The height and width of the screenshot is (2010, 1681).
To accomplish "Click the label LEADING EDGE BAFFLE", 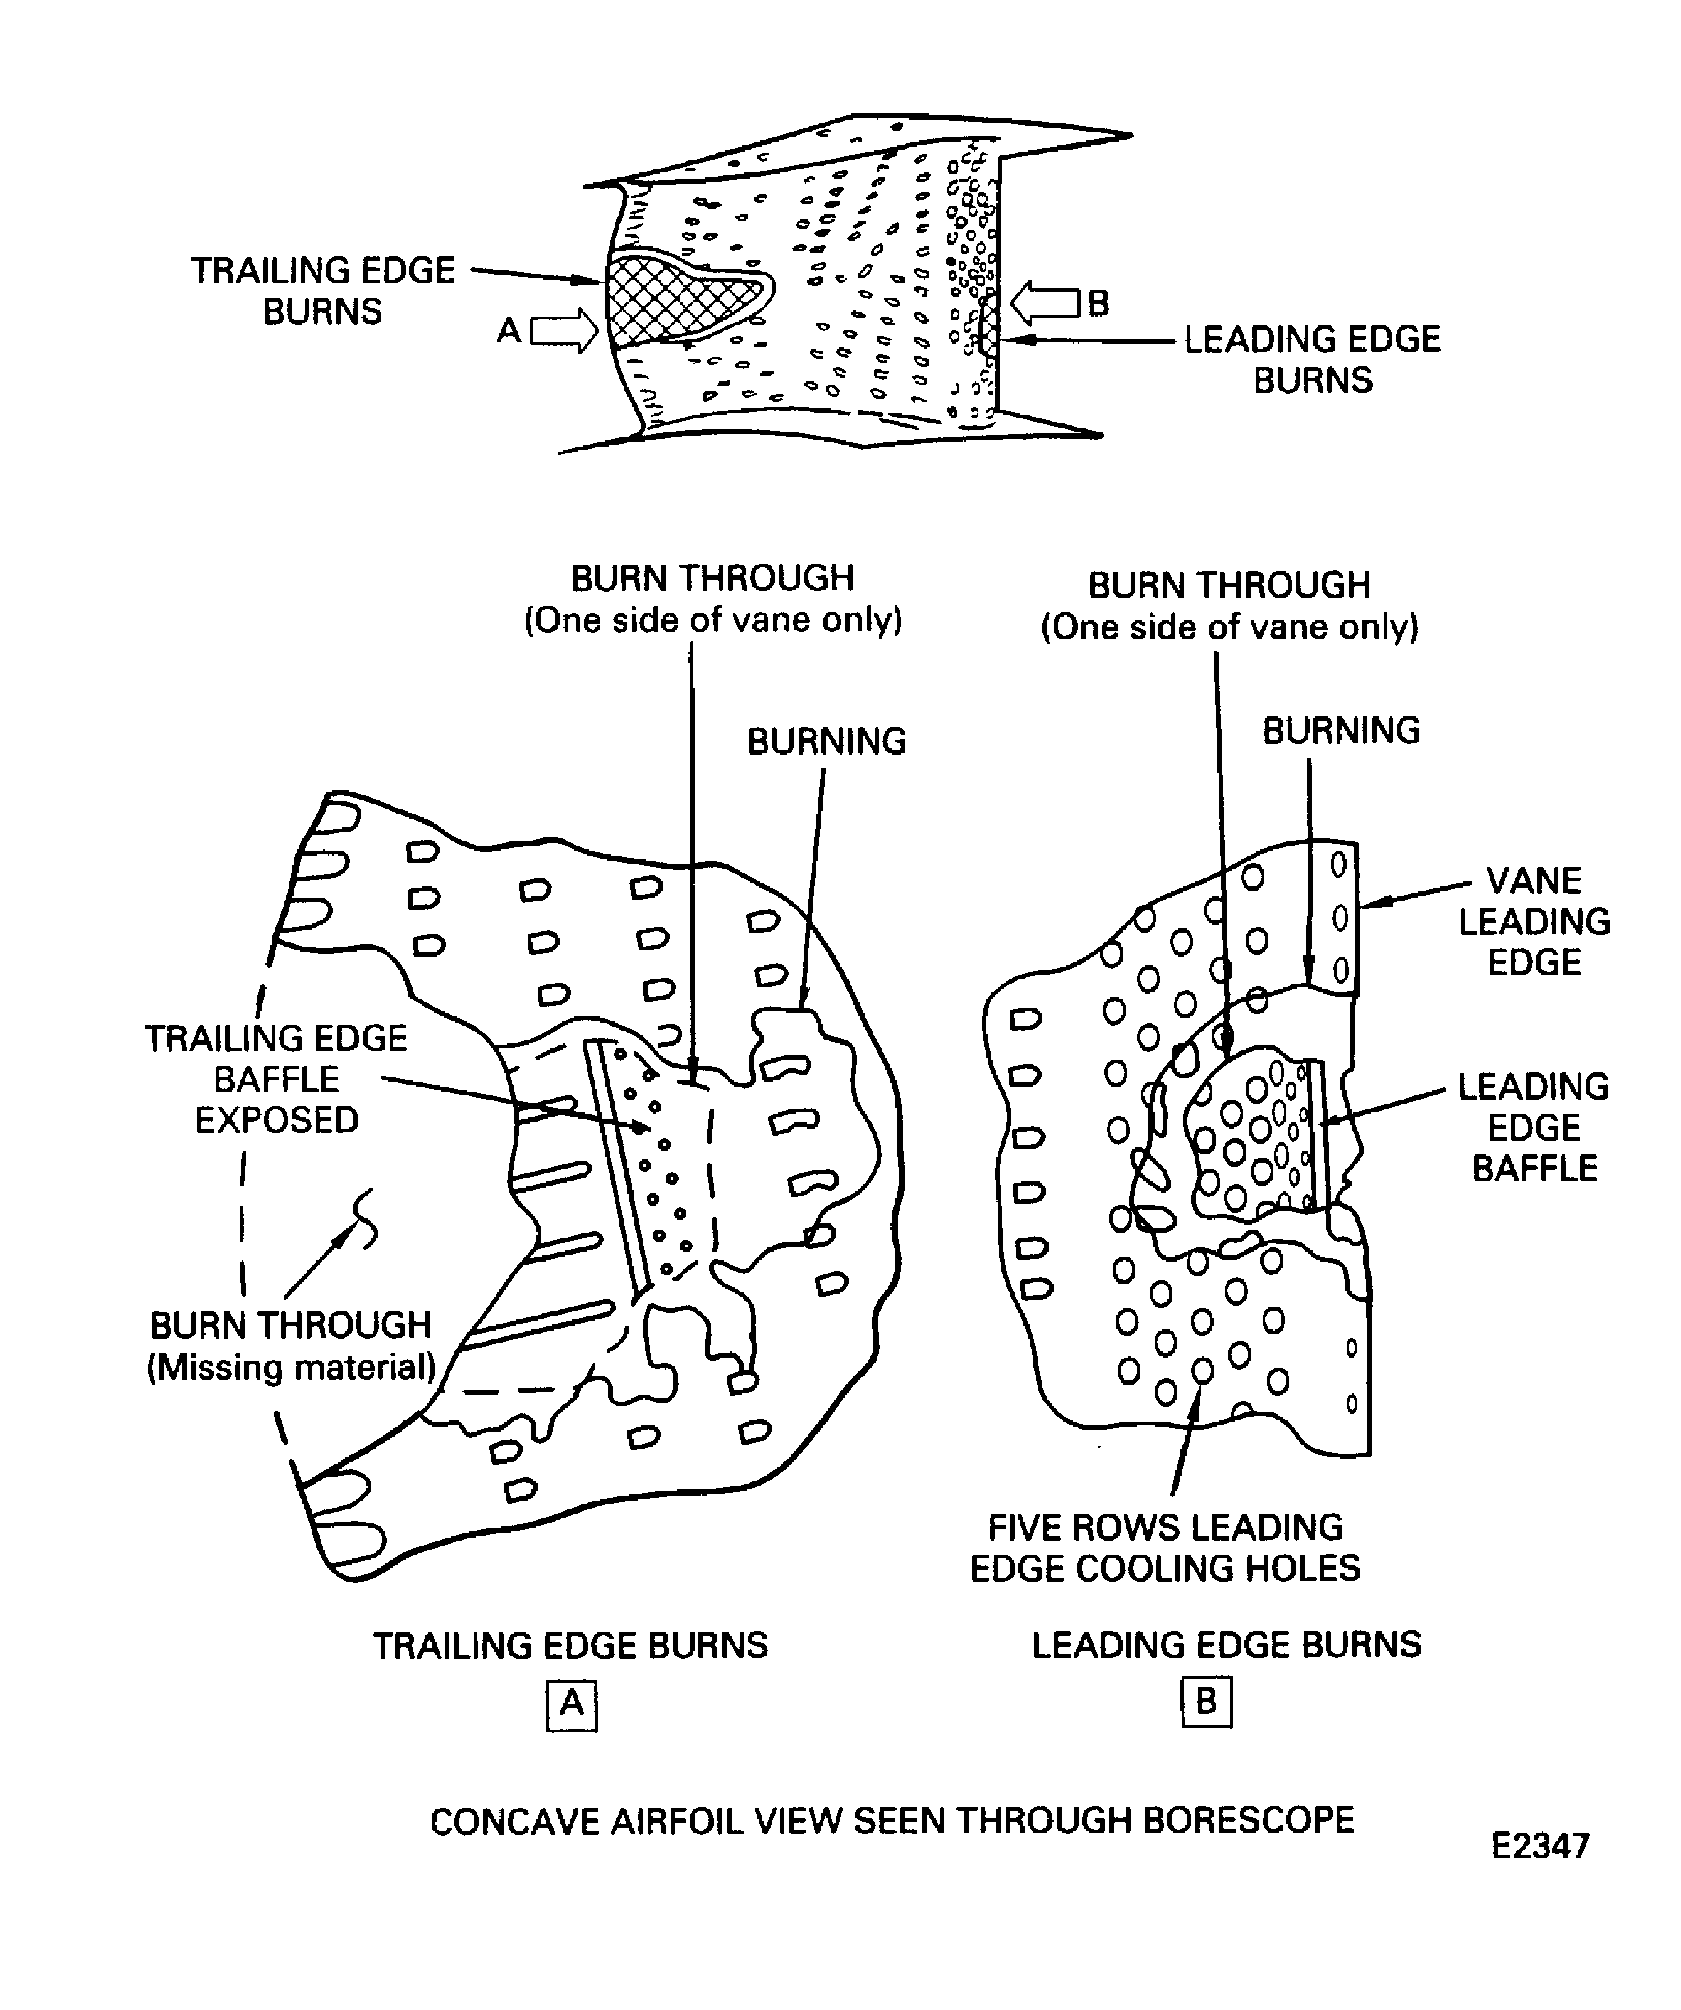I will [x=1534, y=1127].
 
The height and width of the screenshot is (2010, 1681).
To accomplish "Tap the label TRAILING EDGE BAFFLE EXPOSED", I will [x=276, y=1079].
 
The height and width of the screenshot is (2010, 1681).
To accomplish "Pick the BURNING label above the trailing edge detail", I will [x=826, y=742].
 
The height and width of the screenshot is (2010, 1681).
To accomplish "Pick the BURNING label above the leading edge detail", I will [x=1341, y=731].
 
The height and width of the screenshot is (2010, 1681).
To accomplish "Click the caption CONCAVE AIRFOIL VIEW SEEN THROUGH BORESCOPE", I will [x=892, y=1820].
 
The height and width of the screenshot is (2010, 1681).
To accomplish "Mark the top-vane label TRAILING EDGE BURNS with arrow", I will [x=323, y=290].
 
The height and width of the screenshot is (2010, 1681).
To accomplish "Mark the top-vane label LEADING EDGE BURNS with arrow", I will [x=1313, y=359].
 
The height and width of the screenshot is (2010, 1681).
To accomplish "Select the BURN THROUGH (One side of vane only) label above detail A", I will [x=713, y=598].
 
